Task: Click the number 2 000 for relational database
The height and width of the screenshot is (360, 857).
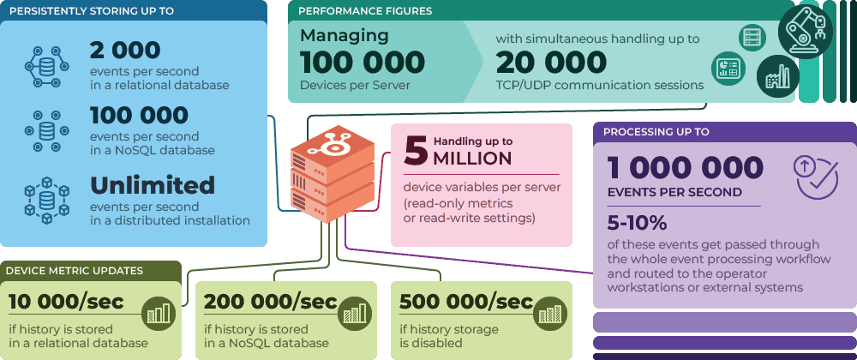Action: point(125,51)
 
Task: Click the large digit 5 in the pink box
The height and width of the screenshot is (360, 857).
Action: point(416,149)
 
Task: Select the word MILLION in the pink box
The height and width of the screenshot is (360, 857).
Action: point(472,159)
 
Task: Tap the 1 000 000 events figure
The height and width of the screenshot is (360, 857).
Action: point(685,167)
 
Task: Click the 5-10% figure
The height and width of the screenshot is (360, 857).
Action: point(637,223)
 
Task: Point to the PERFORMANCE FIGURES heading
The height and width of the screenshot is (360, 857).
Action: point(365,11)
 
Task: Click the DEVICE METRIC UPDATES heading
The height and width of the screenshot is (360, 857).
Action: point(75,271)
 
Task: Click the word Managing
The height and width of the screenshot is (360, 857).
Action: point(345,36)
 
